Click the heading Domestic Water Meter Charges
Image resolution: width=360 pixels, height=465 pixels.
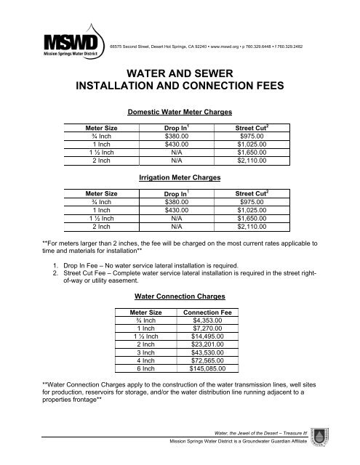pos(180,113)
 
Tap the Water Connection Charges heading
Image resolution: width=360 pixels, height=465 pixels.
pos(180,296)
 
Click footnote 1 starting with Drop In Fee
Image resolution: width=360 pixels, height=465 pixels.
pos(172,267)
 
